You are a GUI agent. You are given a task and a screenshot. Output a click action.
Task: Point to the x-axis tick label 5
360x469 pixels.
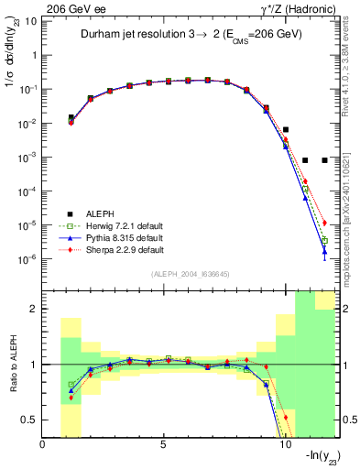point(163,445)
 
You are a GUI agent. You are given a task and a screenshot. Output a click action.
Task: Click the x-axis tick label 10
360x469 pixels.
point(284,445)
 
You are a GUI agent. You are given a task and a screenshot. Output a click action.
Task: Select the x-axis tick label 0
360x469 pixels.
point(43,445)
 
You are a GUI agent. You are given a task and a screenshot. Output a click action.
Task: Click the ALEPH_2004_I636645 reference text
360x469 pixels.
point(190,275)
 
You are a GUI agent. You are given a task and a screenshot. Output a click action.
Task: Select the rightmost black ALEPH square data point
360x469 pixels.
point(324,160)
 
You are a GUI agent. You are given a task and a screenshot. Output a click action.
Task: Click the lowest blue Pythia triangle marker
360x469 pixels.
point(324,254)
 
